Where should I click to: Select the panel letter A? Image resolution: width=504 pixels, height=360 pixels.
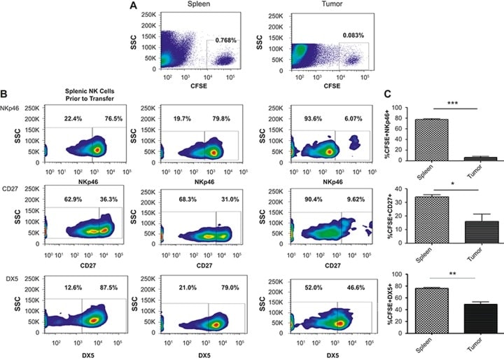[133, 6]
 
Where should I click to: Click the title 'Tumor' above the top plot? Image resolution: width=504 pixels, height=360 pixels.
[322, 6]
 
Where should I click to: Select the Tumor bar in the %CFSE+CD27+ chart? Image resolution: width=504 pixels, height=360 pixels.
[474, 231]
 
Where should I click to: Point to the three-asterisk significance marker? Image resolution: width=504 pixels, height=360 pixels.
[454, 104]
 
